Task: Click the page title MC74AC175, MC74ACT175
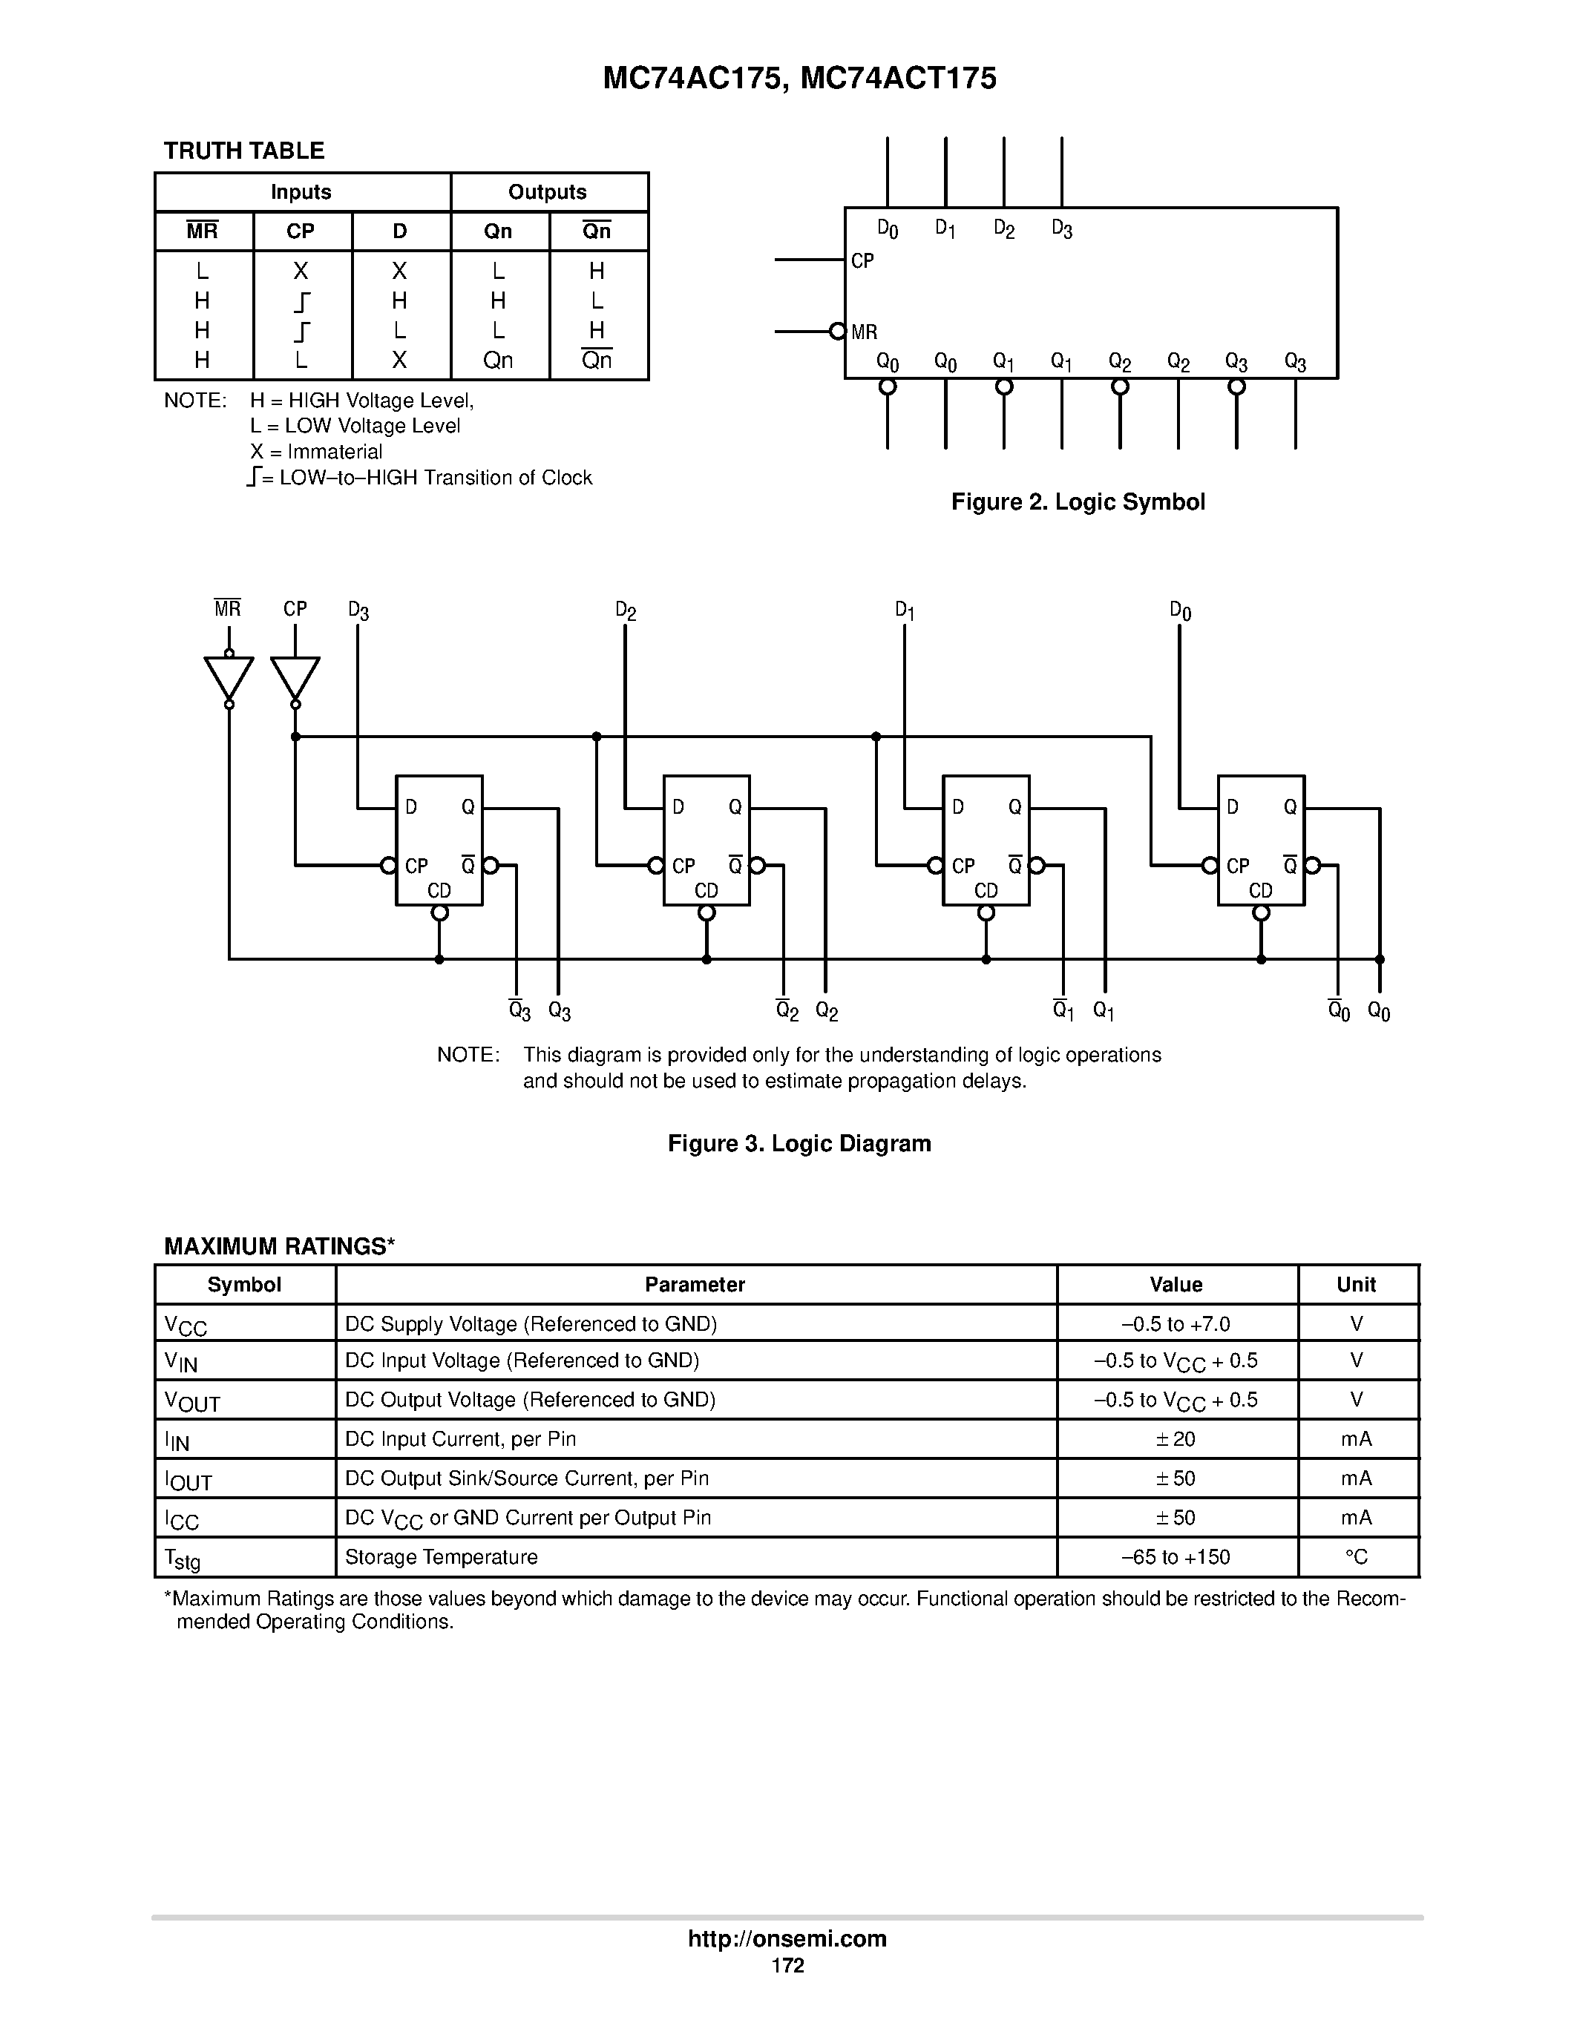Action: click(800, 79)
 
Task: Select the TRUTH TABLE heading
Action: click(244, 151)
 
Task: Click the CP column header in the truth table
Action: click(301, 231)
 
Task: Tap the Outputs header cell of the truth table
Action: click(548, 192)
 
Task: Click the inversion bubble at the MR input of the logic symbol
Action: click(838, 332)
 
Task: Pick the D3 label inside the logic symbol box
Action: click(1061, 228)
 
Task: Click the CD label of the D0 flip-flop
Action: click(1260, 891)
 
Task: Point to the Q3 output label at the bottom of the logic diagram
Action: click(560, 1012)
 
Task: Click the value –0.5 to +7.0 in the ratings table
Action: click(1176, 1324)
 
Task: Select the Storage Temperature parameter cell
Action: click(441, 1557)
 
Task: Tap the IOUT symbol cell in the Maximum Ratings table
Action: click(188, 1481)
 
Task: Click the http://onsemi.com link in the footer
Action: click(787, 1938)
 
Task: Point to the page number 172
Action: click(787, 1965)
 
